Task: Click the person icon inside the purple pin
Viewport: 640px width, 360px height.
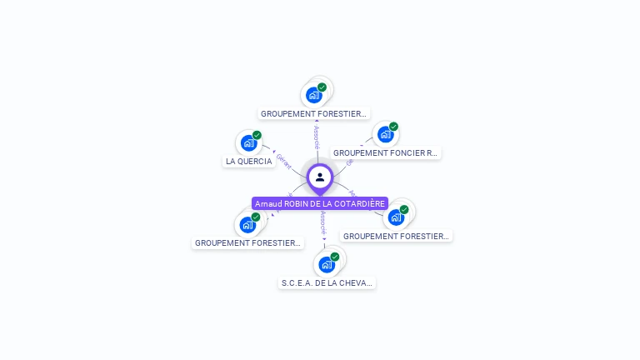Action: tap(320, 177)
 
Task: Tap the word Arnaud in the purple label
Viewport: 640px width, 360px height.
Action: tap(268, 204)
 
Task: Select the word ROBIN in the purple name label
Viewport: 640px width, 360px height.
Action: tap(297, 204)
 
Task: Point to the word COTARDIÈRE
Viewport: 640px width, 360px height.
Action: tap(363, 204)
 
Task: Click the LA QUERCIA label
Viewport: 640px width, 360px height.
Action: tap(248, 162)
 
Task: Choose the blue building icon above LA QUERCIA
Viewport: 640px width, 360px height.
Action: tap(247, 143)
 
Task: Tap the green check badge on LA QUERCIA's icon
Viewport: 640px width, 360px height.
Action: tap(257, 135)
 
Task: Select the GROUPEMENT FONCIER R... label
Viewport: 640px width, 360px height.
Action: tap(385, 153)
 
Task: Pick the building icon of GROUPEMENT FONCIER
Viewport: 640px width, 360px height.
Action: tap(384, 134)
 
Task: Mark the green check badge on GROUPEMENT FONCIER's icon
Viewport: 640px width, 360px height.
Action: tap(393, 127)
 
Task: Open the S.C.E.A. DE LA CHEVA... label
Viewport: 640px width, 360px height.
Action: tap(327, 283)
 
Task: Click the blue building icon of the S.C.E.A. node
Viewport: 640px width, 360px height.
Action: tap(326, 265)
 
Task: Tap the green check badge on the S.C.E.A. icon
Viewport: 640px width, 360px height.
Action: tap(335, 257)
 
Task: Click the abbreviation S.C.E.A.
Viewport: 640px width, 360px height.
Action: tap(296, 283)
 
